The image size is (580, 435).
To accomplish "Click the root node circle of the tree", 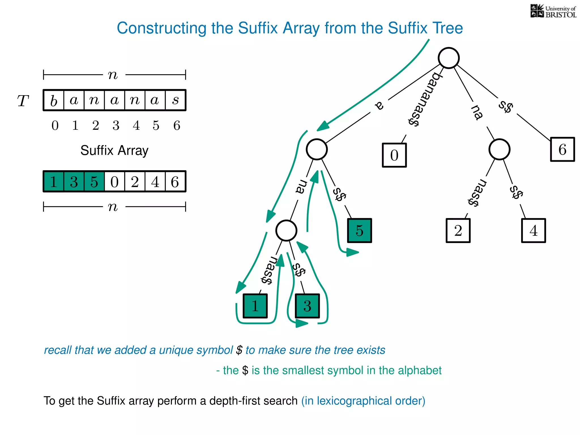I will (448, 58).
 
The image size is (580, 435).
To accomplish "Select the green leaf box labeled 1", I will (255, 306).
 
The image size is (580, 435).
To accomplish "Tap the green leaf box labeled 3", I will (307, 306).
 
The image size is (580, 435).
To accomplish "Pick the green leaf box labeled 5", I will (359, 230).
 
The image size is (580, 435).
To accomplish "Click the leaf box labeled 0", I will (394, 155).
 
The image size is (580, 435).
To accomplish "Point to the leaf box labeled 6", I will (562, 149).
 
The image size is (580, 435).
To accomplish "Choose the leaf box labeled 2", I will (458, 230).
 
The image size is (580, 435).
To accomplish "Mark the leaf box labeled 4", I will (533, 230).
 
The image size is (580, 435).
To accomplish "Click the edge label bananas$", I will (424, 99).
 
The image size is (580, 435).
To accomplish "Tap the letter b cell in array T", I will (54, 100).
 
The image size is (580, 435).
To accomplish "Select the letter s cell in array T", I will (175, 100).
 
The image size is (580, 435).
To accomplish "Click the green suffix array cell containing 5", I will (94, 182).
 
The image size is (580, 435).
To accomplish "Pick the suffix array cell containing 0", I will (114, 182).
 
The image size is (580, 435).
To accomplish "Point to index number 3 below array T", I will (116, 125).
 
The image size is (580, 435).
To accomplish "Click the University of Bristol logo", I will (553, 11).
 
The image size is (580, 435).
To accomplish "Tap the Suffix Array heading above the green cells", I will (114, 150).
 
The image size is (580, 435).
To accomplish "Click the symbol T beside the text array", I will (23, 101).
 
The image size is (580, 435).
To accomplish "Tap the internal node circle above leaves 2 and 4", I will (499, 149).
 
